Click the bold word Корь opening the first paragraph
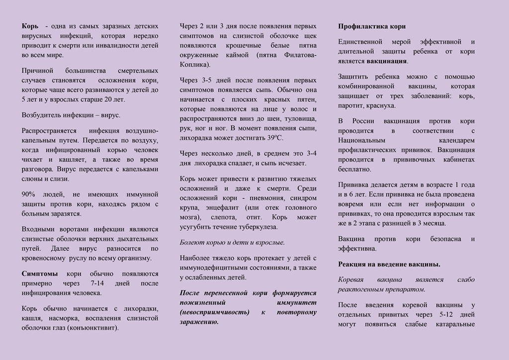point(30,26)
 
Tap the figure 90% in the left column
point(29,194)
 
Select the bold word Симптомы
point(40,273)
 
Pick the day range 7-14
point(91,283)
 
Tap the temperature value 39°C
point(275,138)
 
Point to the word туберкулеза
point(259,227)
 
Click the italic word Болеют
point(192,243)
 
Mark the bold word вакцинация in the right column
point(387,61)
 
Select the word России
point(366,121)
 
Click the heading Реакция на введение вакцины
point(389,264)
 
